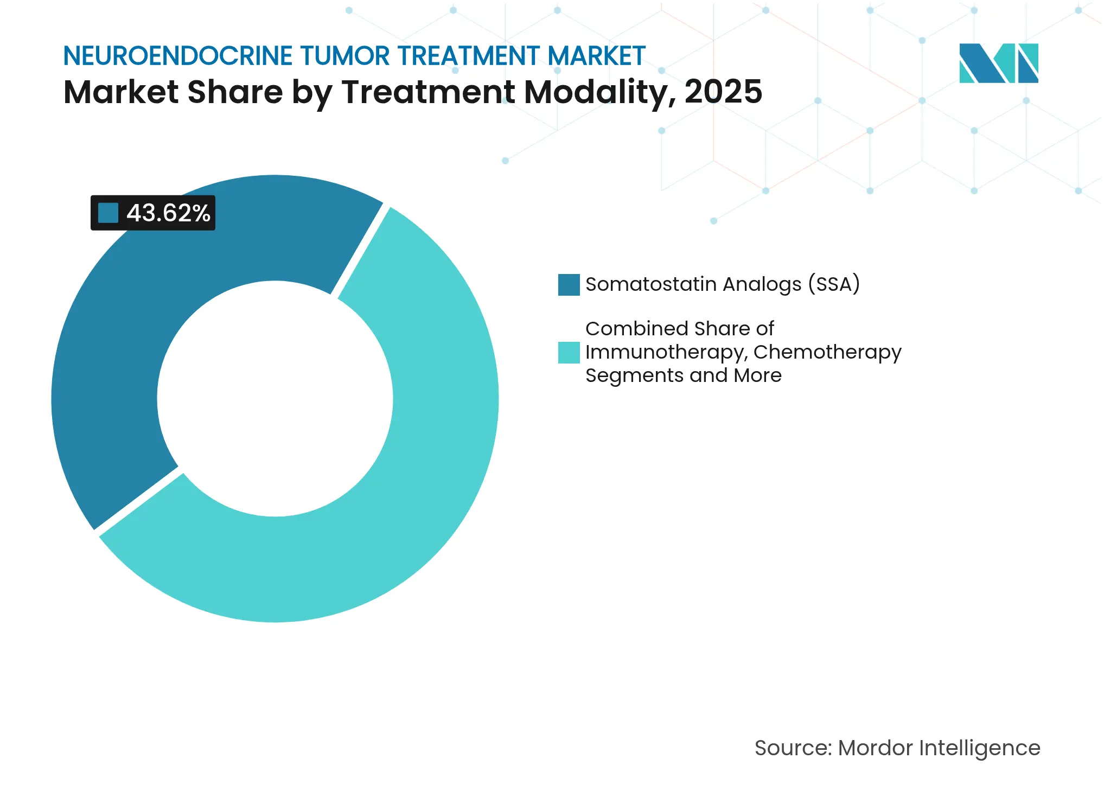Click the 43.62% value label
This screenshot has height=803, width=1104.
tap(168, 213)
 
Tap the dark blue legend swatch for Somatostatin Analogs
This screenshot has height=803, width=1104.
tap(569, 285)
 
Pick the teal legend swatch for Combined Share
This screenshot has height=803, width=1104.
tap(569, 353)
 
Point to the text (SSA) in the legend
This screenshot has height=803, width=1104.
tap(834, 284)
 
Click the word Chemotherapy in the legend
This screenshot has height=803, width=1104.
tap(827, 352)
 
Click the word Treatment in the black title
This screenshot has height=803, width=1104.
tap(428, 92)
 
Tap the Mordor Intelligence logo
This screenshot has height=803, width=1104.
tap(998, 63)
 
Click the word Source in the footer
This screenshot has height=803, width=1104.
tap(793, 748)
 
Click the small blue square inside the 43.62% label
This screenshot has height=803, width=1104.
tap(108, 213)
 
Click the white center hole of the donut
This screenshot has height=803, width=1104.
tap(275, 399)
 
